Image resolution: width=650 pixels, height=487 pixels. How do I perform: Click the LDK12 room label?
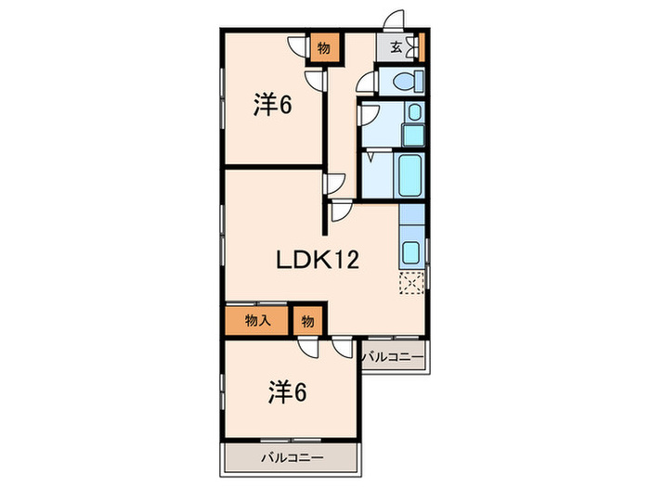(x=316, y=261)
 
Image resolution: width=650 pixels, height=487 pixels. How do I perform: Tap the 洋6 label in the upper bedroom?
(x=273, y=106)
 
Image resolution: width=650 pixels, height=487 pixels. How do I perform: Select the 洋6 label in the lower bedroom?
(x=289, y=392)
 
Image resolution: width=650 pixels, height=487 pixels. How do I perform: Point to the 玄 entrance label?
(x=396, y=48)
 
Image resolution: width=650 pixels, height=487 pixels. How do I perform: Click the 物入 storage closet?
(x=256, y=321)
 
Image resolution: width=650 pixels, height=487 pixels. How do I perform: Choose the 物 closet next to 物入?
(x=307, y=321)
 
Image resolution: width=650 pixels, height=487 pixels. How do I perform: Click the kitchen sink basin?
(x=410, y=251)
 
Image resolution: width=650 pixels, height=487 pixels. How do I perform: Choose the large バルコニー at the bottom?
(x=291, y=457)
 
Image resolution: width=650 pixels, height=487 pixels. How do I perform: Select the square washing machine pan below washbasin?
(x=413, y=135)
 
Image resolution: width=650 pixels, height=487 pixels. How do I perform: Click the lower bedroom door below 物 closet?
(x=308, y=349)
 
